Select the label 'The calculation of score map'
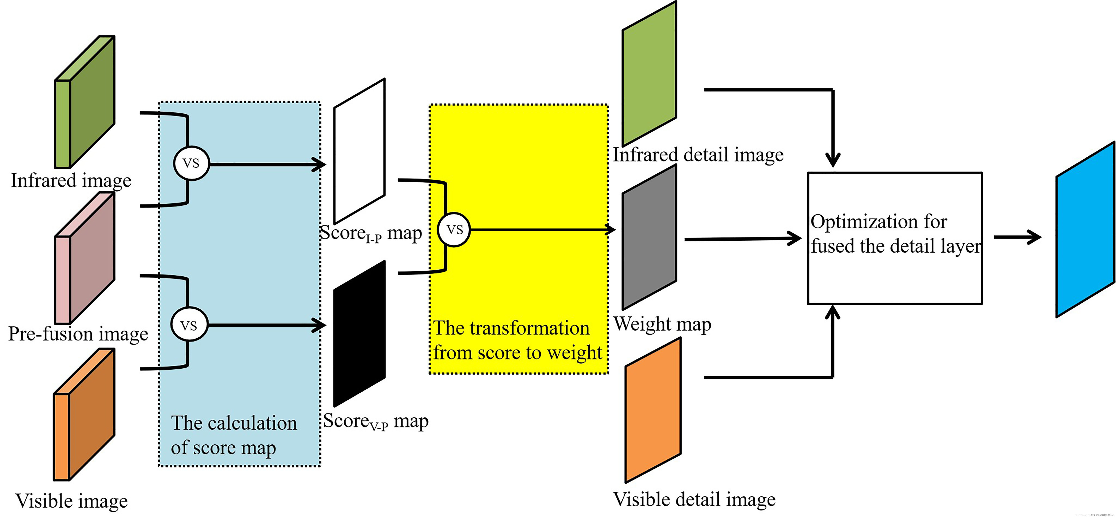234,435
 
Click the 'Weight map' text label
662,324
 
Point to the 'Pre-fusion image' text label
78,334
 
